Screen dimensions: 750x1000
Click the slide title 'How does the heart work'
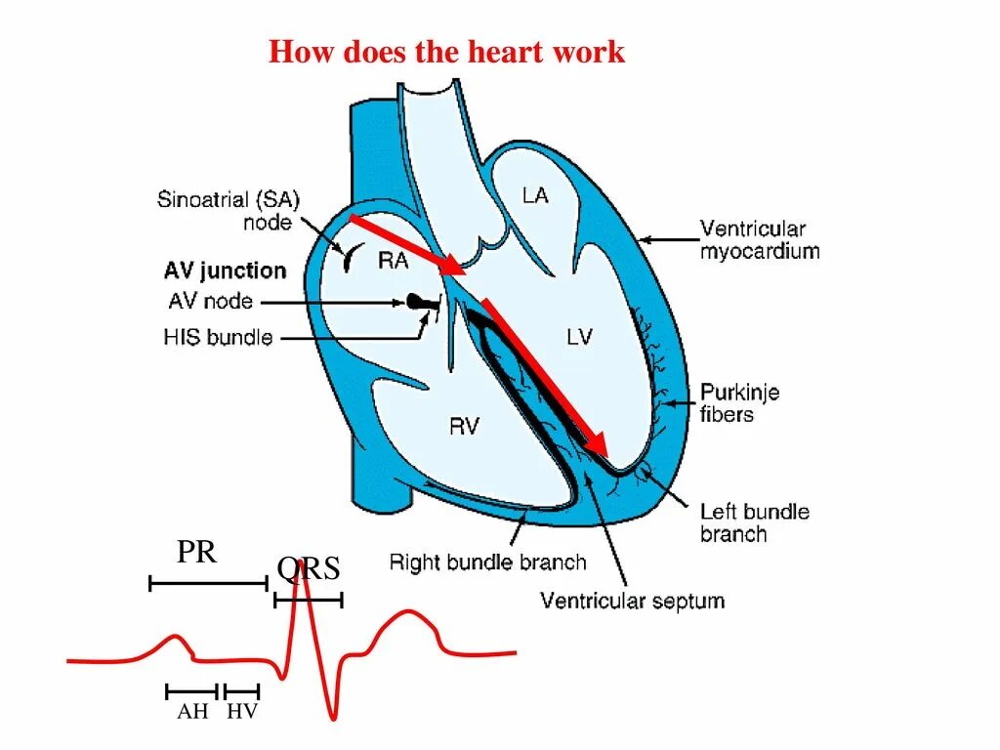[x=446, y=52]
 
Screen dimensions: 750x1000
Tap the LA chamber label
[x=535, y=195]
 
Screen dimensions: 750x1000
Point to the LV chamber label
[x=579, y=337]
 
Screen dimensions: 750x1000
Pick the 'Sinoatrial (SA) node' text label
[x=229, y=211]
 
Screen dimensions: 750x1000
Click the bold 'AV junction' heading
[x=226, y=271]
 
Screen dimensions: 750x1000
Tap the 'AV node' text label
[x=208, y=302]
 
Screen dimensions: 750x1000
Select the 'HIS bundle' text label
[x=218, y=338]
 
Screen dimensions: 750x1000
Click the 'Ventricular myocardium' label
[x=759, y=240]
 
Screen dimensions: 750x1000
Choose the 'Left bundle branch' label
[x=754, y=522]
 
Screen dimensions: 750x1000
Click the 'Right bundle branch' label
[x=487, y=562]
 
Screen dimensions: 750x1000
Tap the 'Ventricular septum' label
[x=633, y=600]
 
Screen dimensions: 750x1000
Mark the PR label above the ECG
[x=196, y=553]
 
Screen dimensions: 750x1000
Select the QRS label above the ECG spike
[x=309, y=569]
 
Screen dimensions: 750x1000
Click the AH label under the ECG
[x=192, y=712]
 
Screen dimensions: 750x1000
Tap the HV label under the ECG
[x=241, y=712]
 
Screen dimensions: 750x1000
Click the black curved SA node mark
[x=348, y=258]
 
